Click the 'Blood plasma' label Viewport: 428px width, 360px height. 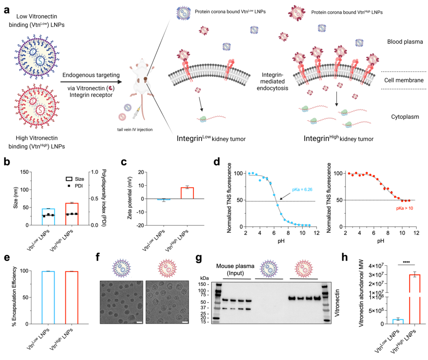click(x=400, y=42)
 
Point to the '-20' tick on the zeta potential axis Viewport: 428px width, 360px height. click(x=140, y=225)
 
